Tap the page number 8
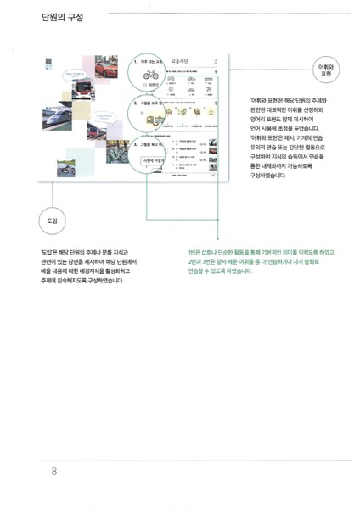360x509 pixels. pos(54,471)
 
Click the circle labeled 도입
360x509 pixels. pos(52,221)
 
